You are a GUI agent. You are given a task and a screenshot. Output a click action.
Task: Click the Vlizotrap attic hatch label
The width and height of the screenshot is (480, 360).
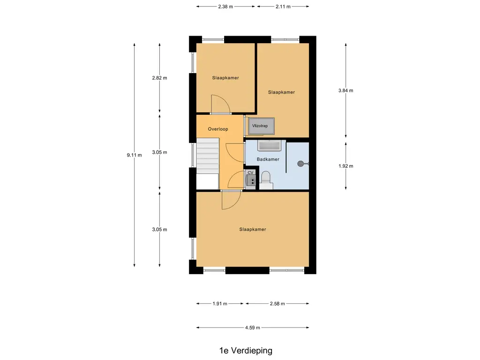click(260, 126)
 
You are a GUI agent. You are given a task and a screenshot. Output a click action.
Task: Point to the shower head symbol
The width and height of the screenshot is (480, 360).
click(300, 164)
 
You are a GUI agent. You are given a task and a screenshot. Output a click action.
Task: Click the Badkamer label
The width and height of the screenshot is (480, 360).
click(268, 159)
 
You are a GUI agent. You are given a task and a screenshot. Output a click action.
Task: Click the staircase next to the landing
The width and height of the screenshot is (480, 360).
click(207, 156)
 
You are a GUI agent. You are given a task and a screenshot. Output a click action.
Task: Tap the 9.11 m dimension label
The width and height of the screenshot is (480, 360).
click(134, 155)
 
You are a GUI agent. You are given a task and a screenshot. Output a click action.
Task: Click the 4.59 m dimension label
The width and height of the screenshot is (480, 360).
click(253, 328)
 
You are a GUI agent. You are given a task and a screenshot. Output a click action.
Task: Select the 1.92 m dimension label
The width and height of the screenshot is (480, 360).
click(345, 166)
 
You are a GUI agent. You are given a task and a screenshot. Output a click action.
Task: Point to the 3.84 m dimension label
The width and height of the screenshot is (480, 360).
click(345, 90)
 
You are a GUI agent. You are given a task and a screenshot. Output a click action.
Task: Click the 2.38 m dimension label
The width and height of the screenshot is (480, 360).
click(225, 7)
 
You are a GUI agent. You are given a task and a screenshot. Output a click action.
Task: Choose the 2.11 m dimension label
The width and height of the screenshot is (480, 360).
click(283, 7)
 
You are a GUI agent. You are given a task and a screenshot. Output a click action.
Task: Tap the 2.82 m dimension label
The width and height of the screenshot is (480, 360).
click(159, 78)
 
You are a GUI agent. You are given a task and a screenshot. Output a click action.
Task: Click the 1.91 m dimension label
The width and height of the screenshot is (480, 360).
click(220, 304)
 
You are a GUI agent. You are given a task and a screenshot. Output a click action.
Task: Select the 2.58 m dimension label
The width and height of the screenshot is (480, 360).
click(277, 304)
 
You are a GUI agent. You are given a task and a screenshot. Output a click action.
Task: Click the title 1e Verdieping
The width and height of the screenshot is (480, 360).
click(245, 350)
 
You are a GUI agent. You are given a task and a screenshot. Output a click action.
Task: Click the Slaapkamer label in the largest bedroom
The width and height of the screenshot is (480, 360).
click(253, 229)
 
